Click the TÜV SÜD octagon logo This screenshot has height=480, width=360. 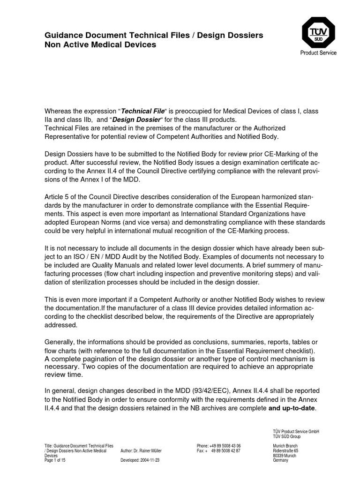[318, 32]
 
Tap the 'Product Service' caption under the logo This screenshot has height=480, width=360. [318, 53]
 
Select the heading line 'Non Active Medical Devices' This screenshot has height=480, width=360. [100, 45]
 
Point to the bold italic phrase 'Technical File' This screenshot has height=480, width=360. [143, 111]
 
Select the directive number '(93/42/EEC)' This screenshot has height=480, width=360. [218, 391]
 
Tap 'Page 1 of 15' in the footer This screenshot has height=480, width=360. [56, 460]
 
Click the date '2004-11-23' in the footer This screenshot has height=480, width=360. [151, 460]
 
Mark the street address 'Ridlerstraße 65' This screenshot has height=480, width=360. [285, 450]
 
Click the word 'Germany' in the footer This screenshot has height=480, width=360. [280, 460]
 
